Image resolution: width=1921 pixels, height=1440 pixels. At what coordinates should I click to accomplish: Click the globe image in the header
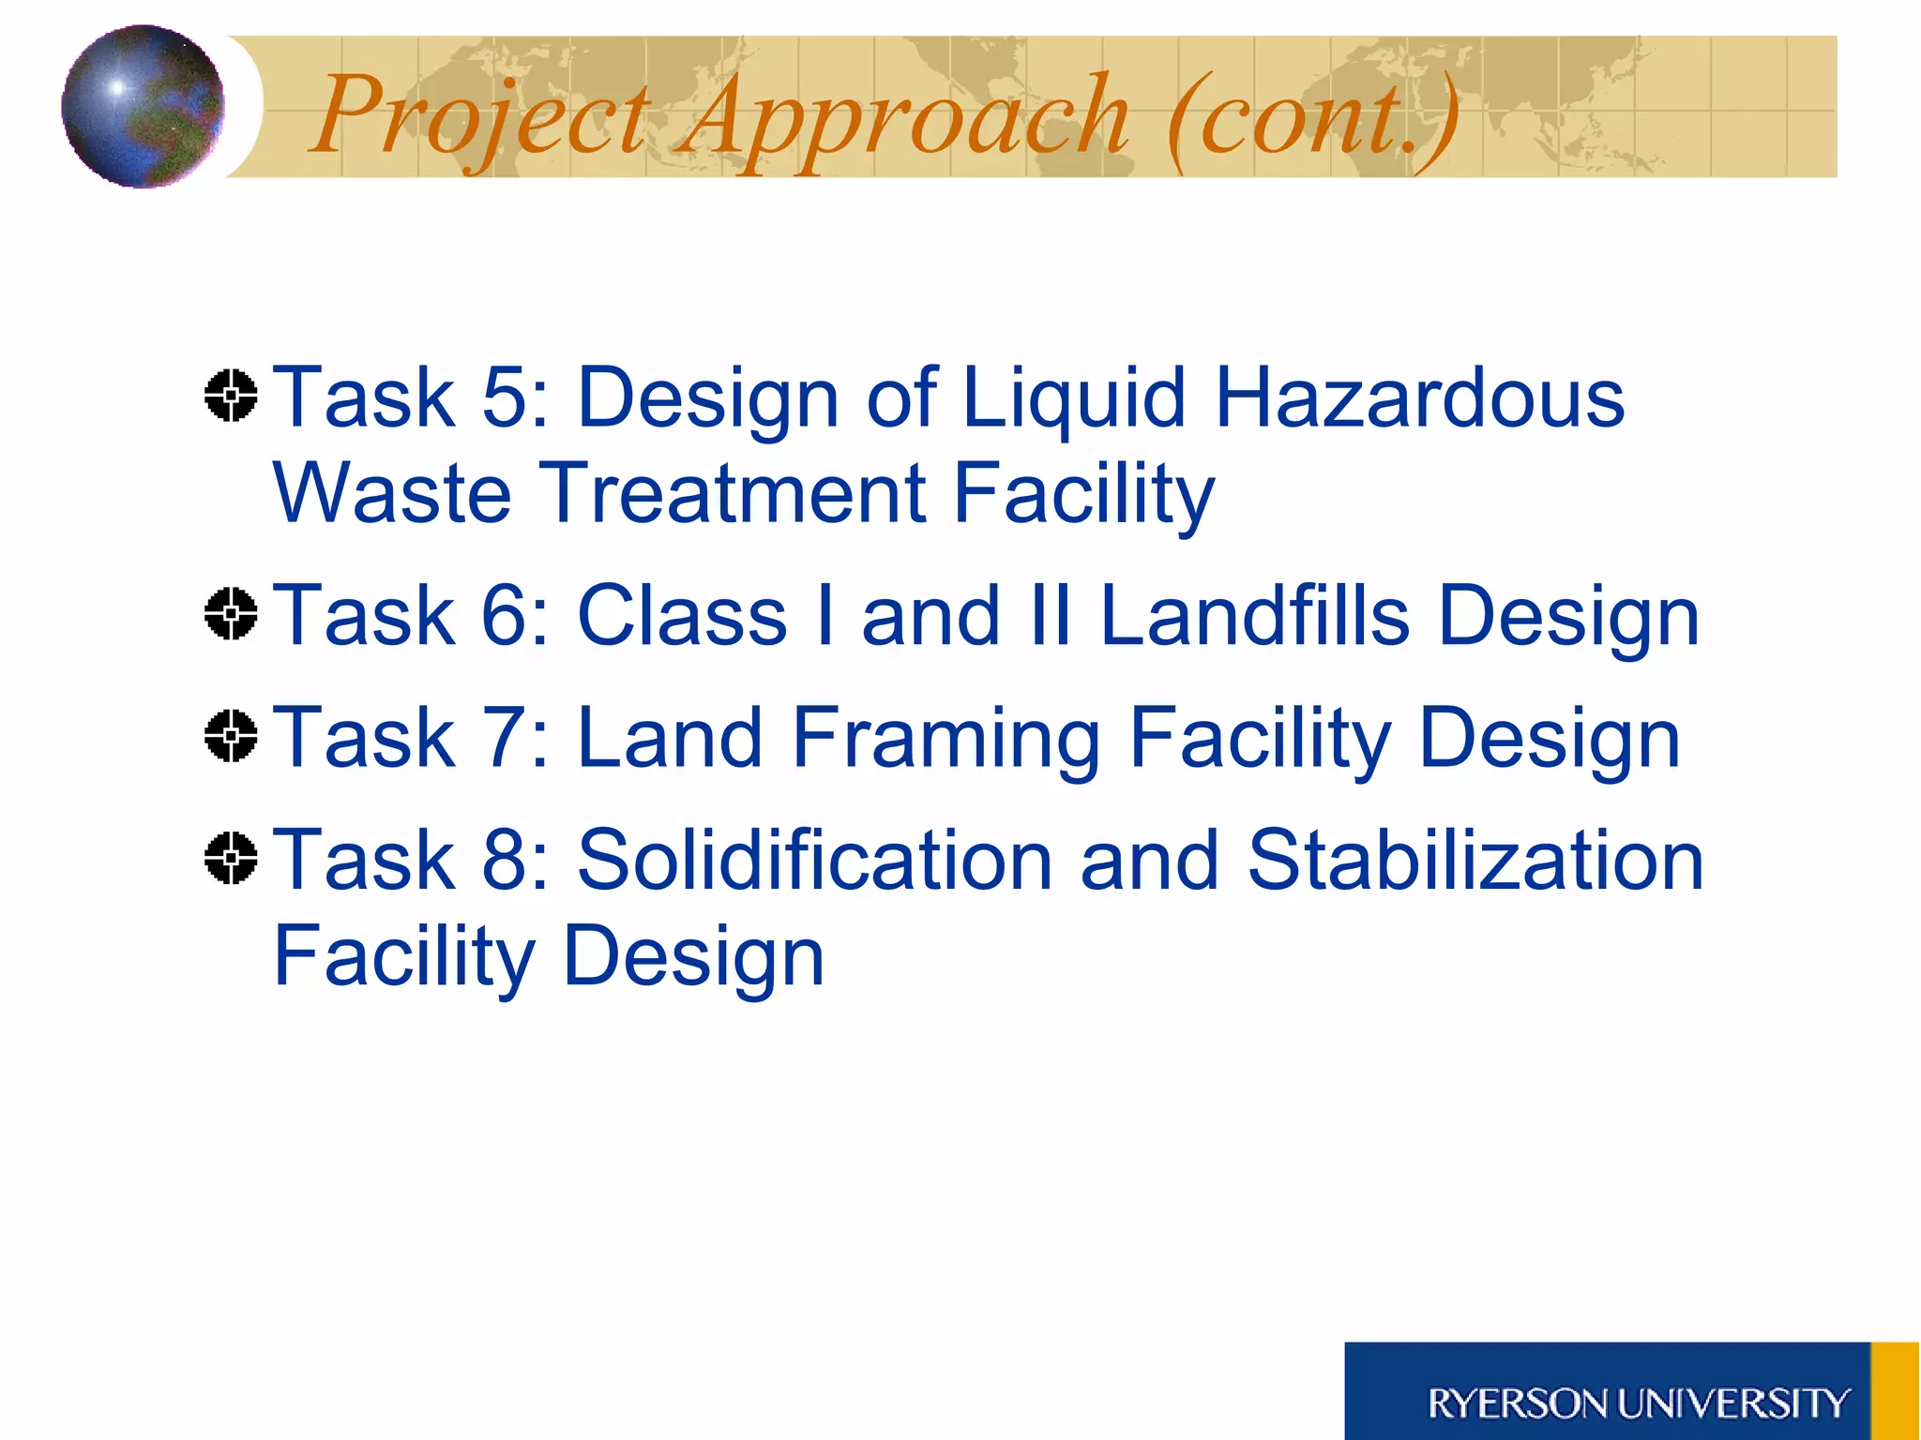pyautogui.click(x=143, y=106)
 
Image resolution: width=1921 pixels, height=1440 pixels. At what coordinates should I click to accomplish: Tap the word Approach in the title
pyautogui.click(x=905, y=117)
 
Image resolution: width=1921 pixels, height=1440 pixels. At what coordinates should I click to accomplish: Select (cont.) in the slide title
pyautogui.click(x=1313, y=117)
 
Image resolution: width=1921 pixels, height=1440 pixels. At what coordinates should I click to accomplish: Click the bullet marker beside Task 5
pyautogui.click(x=231, y=396)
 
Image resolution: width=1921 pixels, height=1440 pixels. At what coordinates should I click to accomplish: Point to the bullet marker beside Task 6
pyautogui.click(x=231, y=614)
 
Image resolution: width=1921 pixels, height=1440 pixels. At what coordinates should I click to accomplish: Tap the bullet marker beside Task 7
pyautogui.click(x=231, y=736)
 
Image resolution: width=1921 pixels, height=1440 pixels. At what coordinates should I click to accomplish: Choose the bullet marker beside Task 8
pyautogui.click(x=231, y=858)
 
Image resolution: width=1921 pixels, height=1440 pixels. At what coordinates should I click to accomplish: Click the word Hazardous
pyautogui.click(x=1418, y=398)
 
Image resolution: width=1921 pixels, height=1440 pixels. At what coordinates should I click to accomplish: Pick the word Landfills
pyautogui.click(x=1254, y=616)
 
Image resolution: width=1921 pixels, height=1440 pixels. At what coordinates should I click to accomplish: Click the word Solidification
pyautogui.click(x=814, y=861)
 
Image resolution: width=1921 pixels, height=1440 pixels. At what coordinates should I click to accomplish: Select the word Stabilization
pyautogui.click(x=1475, y=861)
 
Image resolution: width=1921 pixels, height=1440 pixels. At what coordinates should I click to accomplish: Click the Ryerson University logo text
pyautogui.click(x=1637, y=1403)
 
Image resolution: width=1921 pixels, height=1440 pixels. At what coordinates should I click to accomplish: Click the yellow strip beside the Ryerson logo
pyautogui.click(x=1895, y=1391)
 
